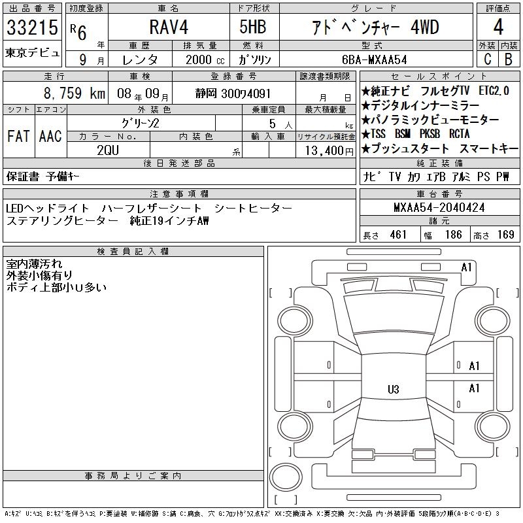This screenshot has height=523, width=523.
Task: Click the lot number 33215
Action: click(x=32, y=27)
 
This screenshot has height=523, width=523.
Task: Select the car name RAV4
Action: click(x=169, y=27)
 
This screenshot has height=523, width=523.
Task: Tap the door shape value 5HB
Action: click(x=253, y=27)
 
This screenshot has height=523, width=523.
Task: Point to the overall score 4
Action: click(x=498, y=27)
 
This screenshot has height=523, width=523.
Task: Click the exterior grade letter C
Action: click(x=487, y=59)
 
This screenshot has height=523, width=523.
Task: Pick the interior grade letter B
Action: click(x=509, y=59)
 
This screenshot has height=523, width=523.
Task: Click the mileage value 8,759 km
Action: click(x=75, y=93)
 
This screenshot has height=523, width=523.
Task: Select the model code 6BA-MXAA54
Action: click(x=375, y=59)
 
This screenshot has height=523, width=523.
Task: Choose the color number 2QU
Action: click(x=108, y=150)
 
